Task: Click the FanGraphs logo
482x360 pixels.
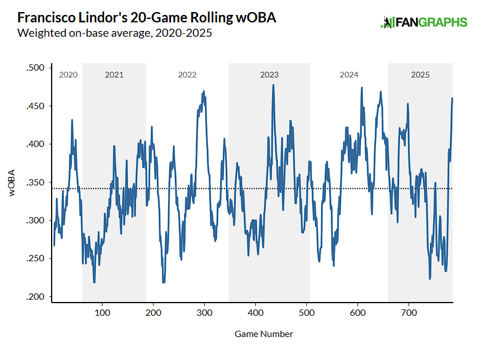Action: tap(423, 22)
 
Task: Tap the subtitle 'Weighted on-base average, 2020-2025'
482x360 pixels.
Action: tap(115, 33)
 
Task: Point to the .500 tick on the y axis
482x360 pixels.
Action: tap(35, 68)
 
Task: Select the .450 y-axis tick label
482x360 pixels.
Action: tap(35, 106)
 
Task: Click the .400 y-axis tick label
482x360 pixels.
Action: tap(35, 145)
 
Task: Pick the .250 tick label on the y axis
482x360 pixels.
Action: tap(35, 259)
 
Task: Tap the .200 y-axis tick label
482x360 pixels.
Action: tap(35, 297)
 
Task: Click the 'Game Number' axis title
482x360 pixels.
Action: tap(264, 334)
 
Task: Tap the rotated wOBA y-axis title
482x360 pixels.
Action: tap(13, 183)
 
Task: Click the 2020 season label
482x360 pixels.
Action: tap(68, 75)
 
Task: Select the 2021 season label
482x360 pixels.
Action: tap(114, 75)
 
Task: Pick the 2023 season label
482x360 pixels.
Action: tap(269, 75)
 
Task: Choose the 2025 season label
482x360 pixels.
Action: tap(420, 75)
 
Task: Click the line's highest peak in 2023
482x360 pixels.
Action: tap(273, 85)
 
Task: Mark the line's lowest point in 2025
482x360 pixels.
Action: tap(430, 278)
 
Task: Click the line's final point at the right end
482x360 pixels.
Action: tap(452, 98)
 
